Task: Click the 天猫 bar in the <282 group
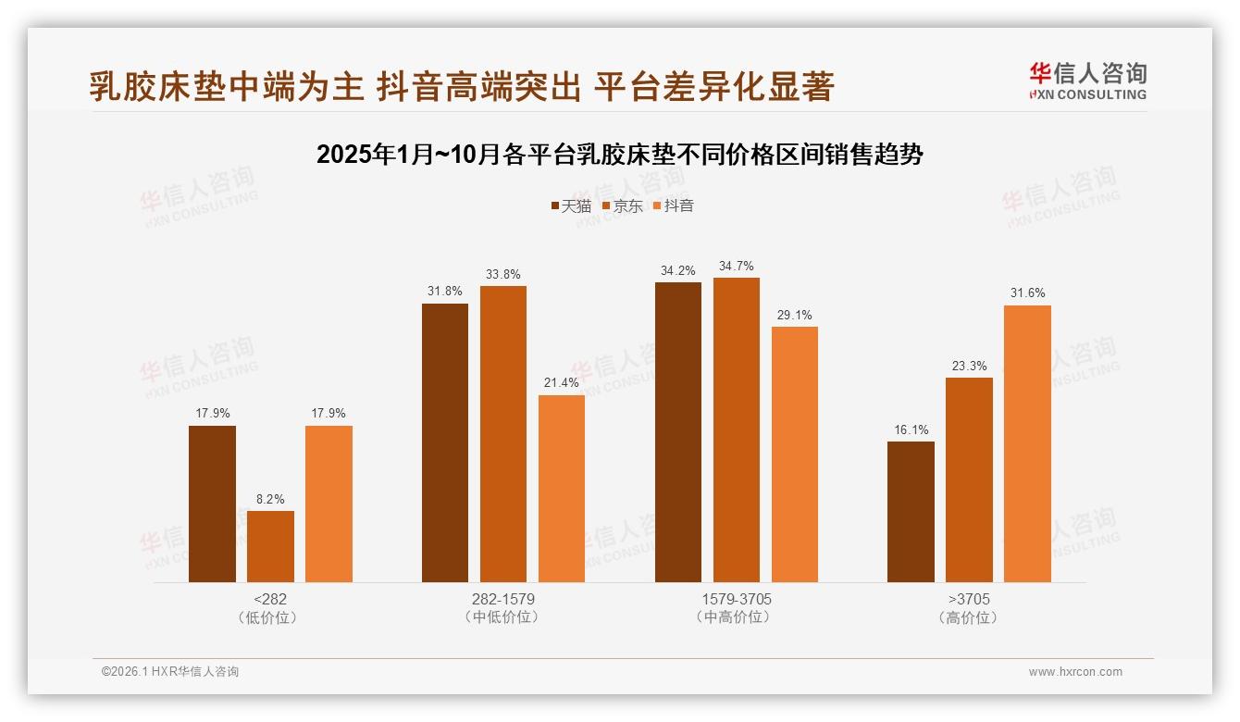(212, 504)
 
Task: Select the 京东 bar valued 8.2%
(270, 546)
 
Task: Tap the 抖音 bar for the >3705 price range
(1027, 443)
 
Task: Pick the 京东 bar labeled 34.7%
(736, 429)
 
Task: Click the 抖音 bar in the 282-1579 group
(562, 489)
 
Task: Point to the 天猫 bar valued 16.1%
(911, 512)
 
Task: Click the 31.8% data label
(445, 291)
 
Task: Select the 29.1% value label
(794, 315)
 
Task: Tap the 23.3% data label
(969, 366)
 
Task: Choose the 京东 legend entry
(622, 205)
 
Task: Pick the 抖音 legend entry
(673, 205)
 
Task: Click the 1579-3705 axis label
(736, 599)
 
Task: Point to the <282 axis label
(269, 599)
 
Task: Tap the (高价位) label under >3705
(969, 617)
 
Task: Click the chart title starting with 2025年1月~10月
(619, 155)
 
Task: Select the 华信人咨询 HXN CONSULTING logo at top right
(1088, 81)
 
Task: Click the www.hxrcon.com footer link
(1074, 672)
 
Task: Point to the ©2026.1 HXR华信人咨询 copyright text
(170, 672)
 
